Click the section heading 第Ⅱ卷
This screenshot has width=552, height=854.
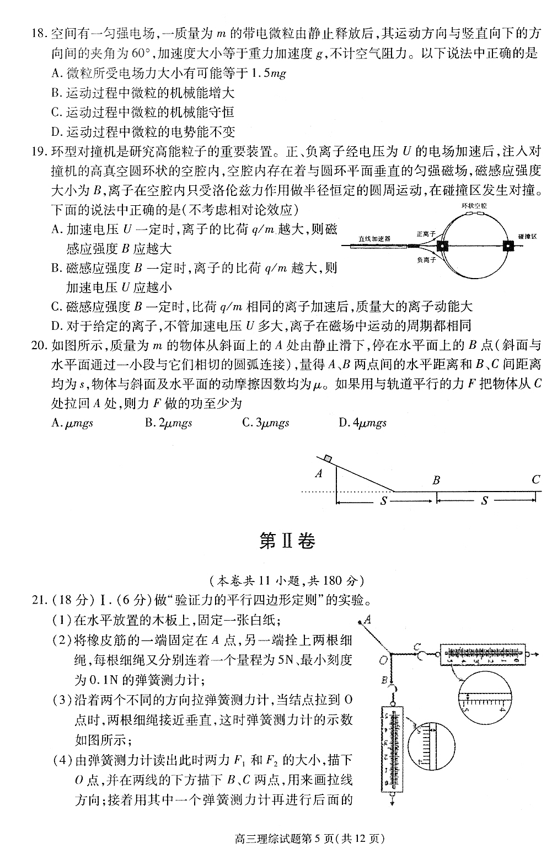[x=287, y=541]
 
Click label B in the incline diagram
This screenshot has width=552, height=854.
[x=436, y=479]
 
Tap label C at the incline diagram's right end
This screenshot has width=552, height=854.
[x=535, y=479]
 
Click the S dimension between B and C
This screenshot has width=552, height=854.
[x=485, y=500]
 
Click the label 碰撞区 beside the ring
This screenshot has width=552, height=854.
[x=527, y=236]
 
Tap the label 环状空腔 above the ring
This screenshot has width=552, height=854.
[x=474, y=206]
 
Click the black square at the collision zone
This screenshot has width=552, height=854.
[x=507, y=246]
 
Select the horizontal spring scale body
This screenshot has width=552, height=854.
[x=480, y=653]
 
